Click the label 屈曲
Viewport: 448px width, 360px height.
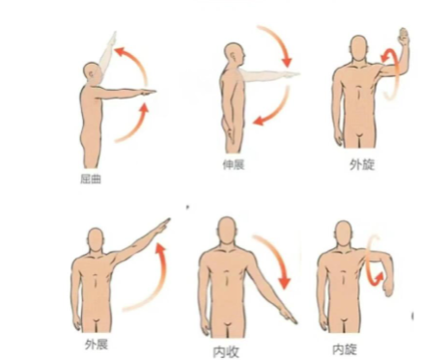91,179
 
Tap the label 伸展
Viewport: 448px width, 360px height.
234,165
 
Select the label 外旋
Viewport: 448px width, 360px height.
362,165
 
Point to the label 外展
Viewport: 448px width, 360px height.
97,345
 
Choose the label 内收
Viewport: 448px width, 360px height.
226,351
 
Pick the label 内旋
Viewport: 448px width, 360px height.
345,349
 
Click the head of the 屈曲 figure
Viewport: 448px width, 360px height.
93,72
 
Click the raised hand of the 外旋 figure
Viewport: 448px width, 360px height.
404,37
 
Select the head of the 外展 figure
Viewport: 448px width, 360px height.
96,240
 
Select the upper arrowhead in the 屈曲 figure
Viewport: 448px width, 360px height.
121,52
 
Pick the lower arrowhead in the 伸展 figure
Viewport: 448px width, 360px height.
260,121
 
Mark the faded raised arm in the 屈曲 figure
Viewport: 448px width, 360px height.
107,55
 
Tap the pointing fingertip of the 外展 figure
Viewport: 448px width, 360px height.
169,219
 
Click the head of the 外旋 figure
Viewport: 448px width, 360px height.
358,48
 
